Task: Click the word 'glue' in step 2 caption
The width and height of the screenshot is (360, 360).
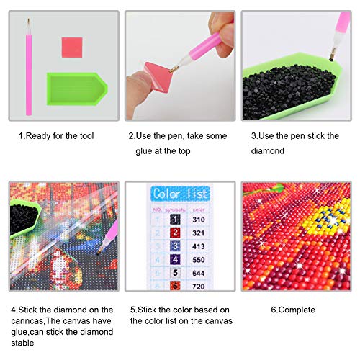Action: pos(144,152)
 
